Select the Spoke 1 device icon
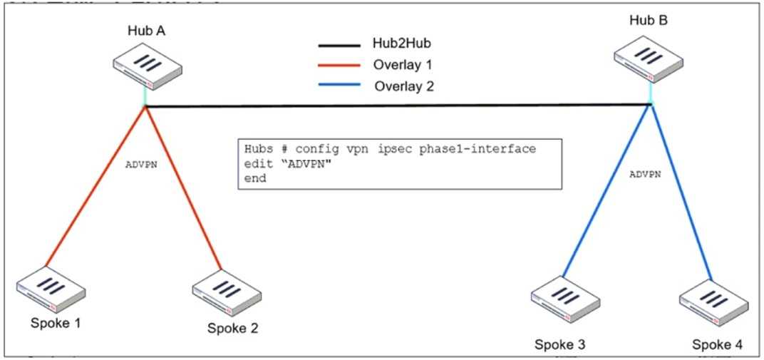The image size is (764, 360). pyautogui.click(x=51, y=291)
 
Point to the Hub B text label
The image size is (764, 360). pyautogui.click(x=649, y=21)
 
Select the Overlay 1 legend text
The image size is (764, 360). pyautogui.click(x=403, y=65)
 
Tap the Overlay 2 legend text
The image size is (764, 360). pyautogui.click(x=404, y=86)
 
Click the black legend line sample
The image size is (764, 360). pyautogui.click(x=339, y=45)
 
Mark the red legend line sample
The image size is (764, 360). pyautogui.click(x=339, y=66)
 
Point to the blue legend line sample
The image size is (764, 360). pyautogui.click(x=339, y=86)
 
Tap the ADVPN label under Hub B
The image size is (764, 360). pyautogui.click(x=646, y=173)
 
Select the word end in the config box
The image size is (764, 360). pyautogui.click(x=255, y=178)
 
